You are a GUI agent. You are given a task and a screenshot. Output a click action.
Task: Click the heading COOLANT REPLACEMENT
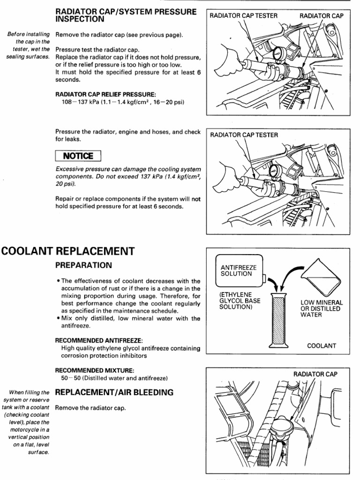tap(68, 251)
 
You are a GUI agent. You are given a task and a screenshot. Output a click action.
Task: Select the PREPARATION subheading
tap(84, 265)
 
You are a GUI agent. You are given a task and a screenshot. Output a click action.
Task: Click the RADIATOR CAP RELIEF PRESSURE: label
tap(106, 94)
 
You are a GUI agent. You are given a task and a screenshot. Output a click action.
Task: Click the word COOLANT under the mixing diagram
tap(322, 346)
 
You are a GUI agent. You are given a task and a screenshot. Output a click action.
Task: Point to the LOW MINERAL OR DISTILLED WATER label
tap(322, 309)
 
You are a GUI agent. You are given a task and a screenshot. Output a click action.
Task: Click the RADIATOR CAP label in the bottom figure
tap(315, 374)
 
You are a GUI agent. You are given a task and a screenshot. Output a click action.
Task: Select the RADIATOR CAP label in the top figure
tap(322, 15)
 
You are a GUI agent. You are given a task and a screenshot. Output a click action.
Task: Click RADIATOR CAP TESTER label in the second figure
tap(244, 135)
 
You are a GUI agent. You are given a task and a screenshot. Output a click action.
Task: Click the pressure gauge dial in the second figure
tap(276, 169)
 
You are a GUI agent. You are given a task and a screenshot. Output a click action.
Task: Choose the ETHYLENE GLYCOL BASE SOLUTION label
tap(240, 300)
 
